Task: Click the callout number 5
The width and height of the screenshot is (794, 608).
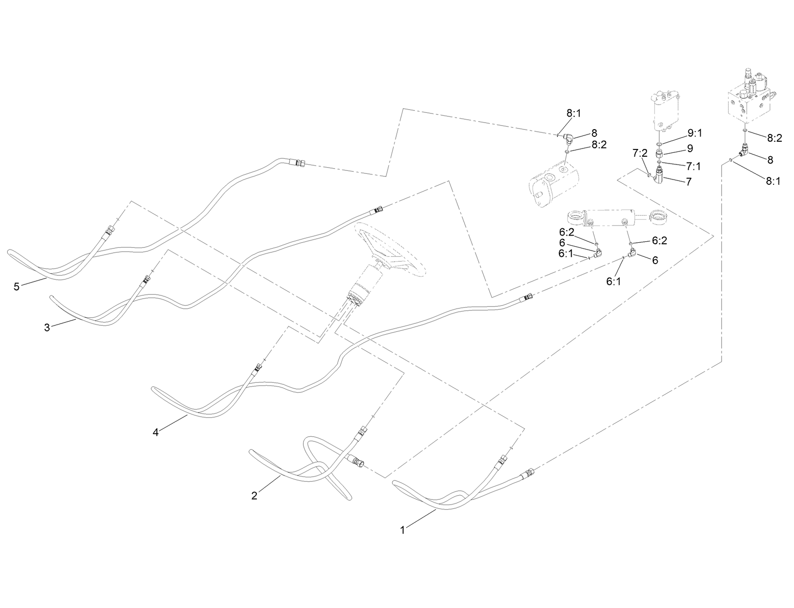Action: pyautogui.click(x=16, y=287)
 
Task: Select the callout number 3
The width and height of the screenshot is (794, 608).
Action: pyautogui.click(x=47, y=327)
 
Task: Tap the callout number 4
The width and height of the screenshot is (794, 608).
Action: pyautogui.click(x=156, y=432)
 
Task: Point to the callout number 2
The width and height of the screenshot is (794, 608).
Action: pyautogui.click(x=254, y=495)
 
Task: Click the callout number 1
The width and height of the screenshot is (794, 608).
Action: pyautogui.click(x=402, y=530)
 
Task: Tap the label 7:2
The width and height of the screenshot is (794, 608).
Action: pyautogui.click(x=640, y=154)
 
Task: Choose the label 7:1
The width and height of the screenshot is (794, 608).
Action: pyautogui.click(x=693, y=166)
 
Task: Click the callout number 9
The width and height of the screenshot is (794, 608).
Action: pyautogui.click(x=690, y=148)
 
